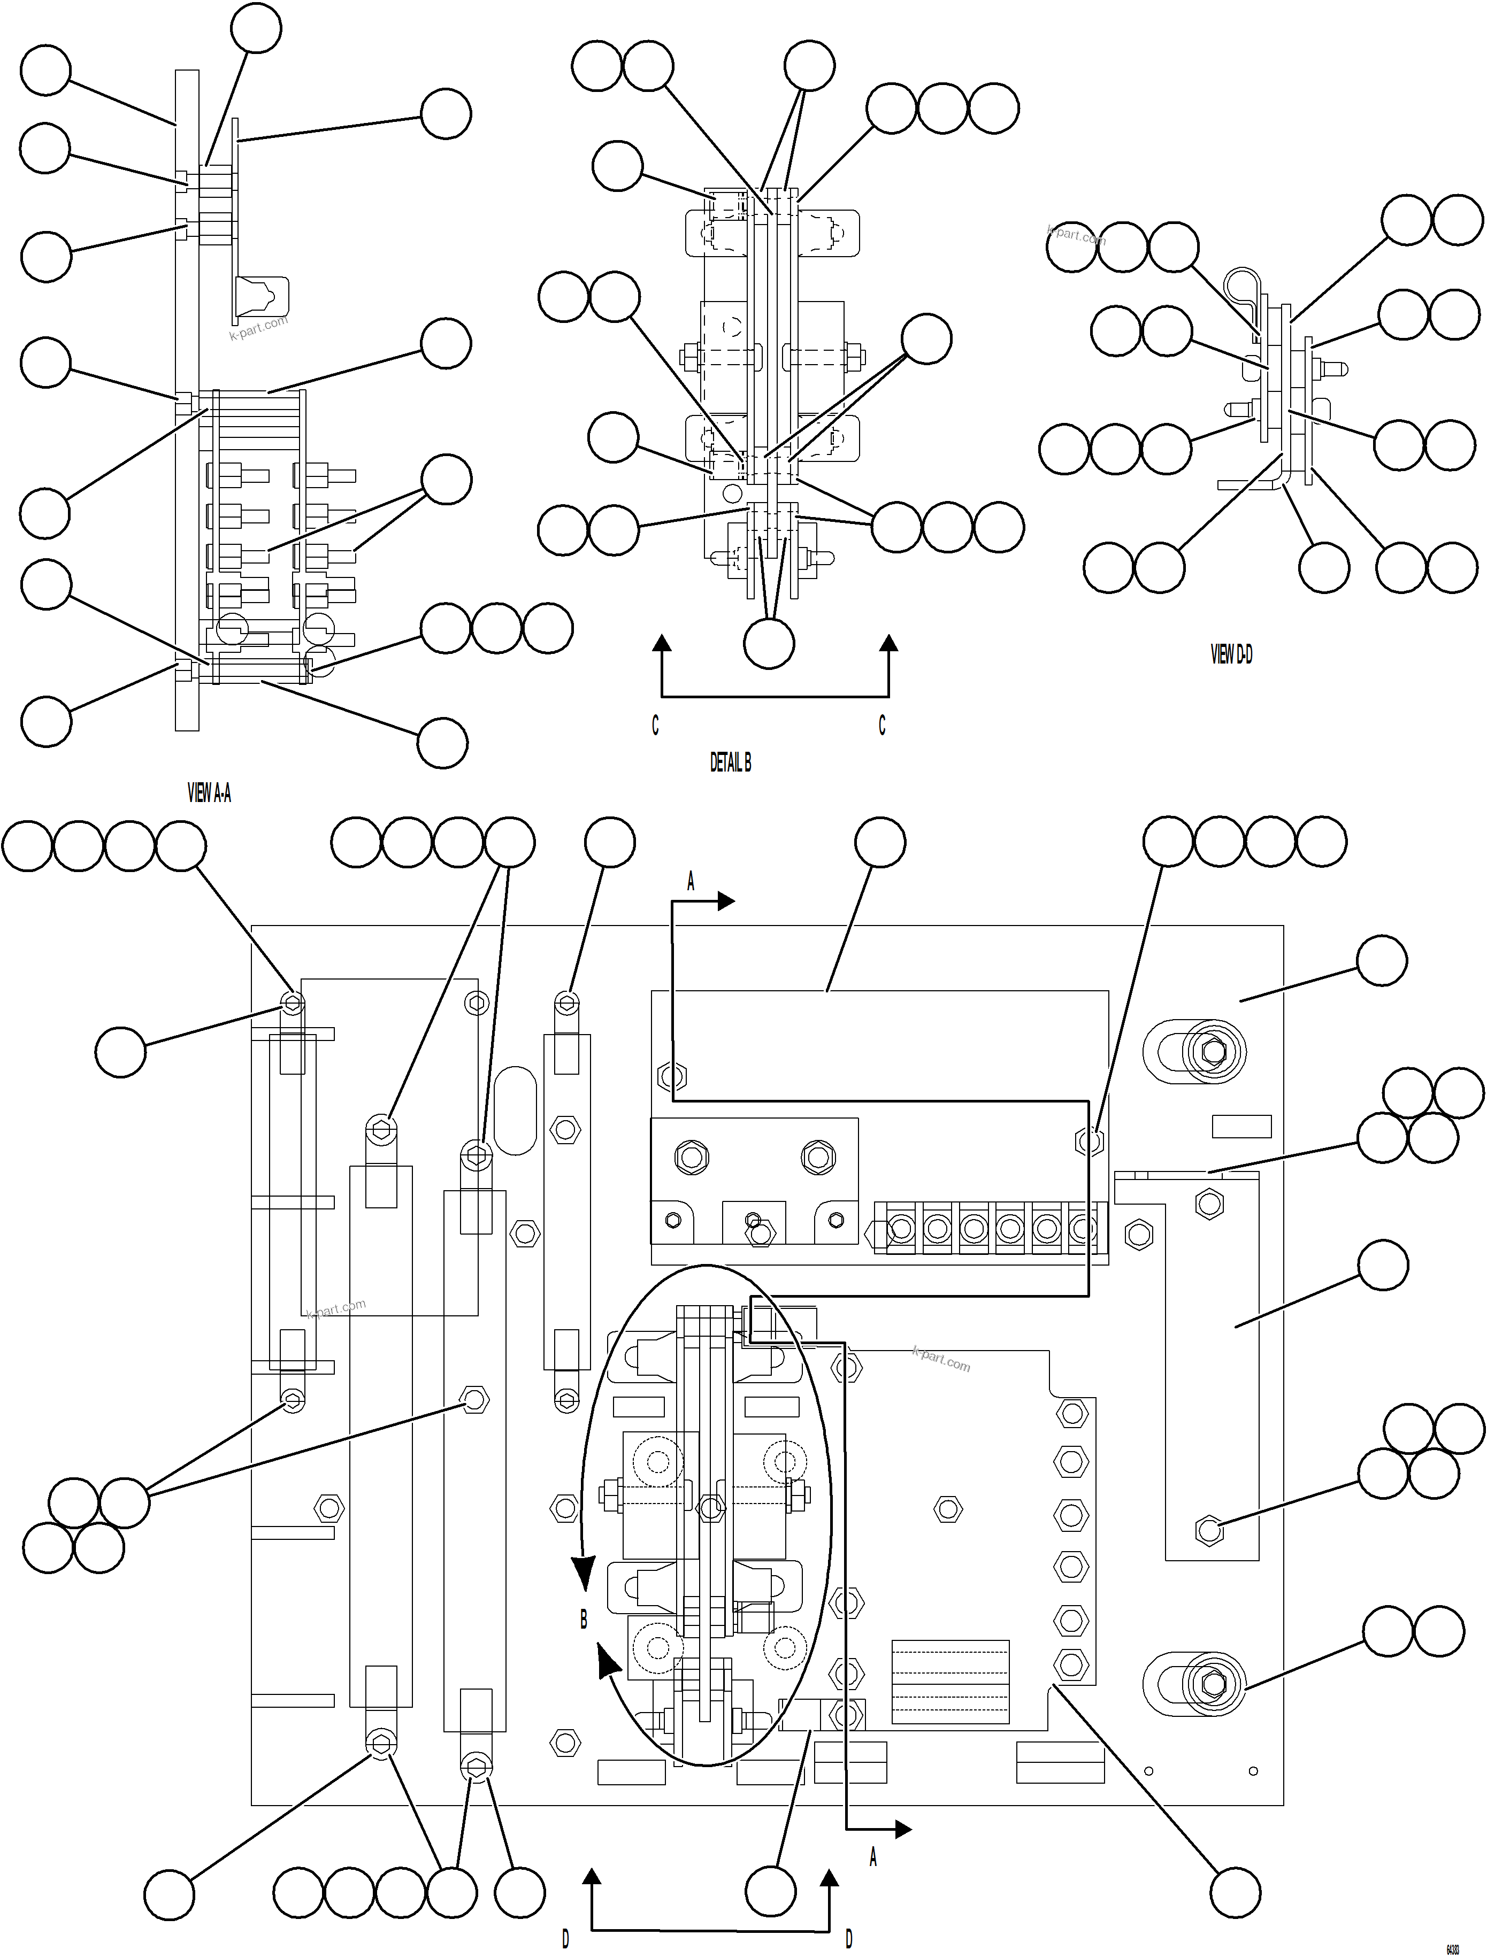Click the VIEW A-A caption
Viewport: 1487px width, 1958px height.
point(209,793)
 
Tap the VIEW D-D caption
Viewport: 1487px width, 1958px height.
point(1231,654)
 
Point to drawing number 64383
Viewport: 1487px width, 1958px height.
point(1452,1948)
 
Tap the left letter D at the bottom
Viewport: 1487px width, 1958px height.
point(565,1939)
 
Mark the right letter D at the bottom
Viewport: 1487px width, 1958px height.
point(848,1939)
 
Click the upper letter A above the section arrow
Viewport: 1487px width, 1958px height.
point(691,882)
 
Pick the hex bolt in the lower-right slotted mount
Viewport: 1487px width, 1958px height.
point(1213,1681)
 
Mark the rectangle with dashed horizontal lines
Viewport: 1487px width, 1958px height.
point(949,1681)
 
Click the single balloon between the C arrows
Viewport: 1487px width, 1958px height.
point(769,644)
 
